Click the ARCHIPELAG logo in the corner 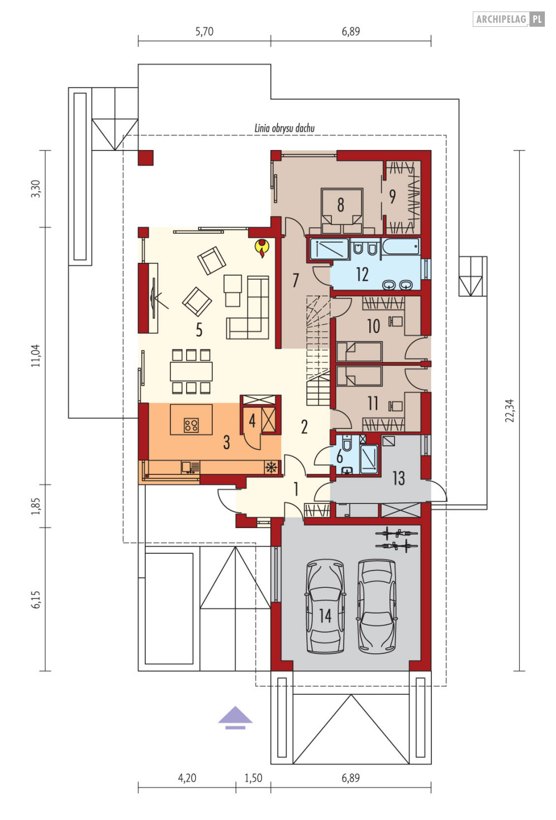(509, 19)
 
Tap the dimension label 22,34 (510, 411)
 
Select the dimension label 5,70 (204, 31)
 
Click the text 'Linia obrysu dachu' (284, 128)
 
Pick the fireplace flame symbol (262, 248)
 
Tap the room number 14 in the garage (325, 616)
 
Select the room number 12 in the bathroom (362, 274)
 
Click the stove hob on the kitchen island (191, 425)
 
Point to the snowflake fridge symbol (271, 468)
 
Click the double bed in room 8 (341, 211)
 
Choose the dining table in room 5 (191, 371)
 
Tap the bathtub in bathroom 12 (401, 246)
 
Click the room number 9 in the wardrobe (392, 196)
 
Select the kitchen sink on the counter (191, 468)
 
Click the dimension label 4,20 (187, 777)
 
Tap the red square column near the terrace (146, 158)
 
